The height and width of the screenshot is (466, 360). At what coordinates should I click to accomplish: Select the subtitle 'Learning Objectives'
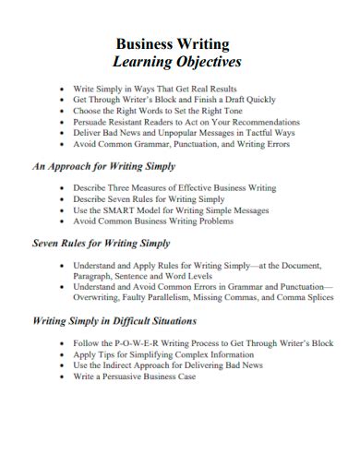[176, 63]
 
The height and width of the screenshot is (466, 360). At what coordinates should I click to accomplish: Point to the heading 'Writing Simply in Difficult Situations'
[114, 321]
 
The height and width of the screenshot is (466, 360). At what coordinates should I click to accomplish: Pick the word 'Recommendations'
[263, 122]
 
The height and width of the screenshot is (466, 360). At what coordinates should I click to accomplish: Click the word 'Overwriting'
[98, 298]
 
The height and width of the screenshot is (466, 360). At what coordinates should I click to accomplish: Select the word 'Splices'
[316, 298]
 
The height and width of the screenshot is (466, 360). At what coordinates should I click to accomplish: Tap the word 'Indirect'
[122, 365]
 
